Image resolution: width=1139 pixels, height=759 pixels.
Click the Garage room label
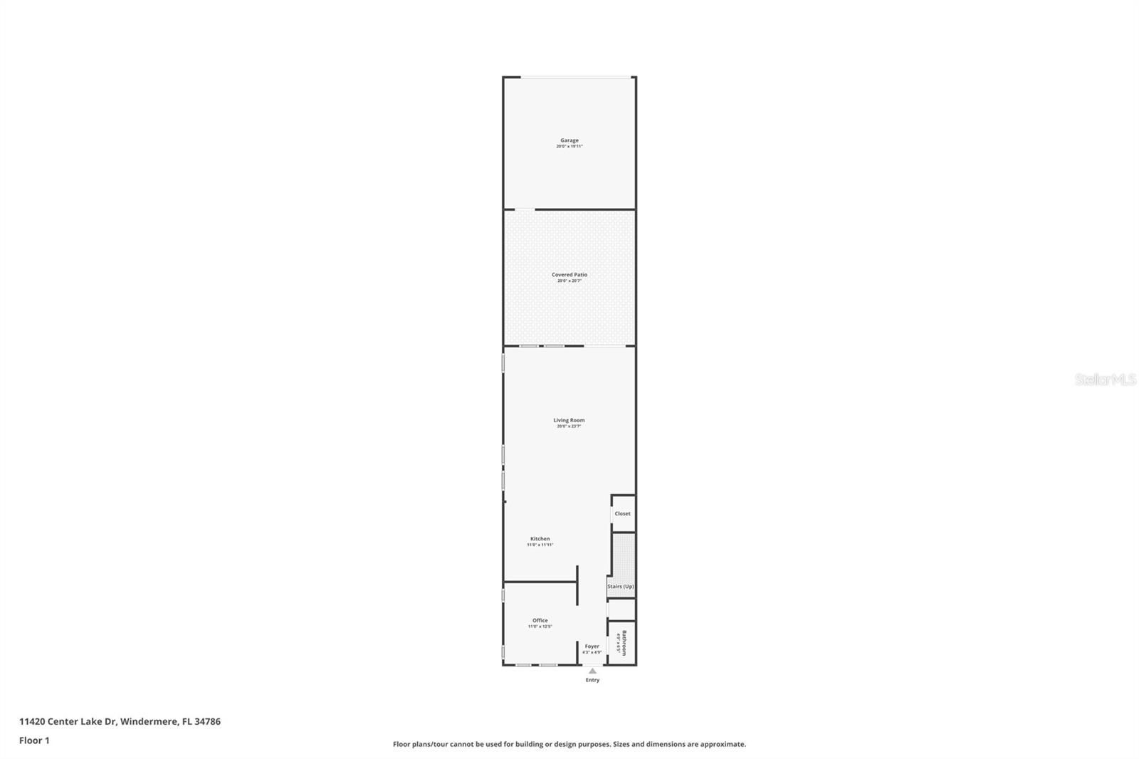point(569,140)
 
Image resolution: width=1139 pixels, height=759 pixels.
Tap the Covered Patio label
point(569,274)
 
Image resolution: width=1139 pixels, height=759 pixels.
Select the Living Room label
point(569,420)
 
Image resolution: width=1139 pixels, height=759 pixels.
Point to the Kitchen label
point(540,538)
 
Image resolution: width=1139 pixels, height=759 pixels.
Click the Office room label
point(540,620)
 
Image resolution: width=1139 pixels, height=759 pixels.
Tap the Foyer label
point(592,646)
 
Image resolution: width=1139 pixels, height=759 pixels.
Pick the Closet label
point(622,513)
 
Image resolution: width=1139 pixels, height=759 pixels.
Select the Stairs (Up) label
point(620,586)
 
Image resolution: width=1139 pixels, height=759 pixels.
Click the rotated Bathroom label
point(624,642)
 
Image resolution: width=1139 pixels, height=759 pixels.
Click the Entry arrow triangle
point(592,671)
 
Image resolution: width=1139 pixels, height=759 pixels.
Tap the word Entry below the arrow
point(592,680)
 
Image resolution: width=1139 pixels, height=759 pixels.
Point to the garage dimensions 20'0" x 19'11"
point(569,147)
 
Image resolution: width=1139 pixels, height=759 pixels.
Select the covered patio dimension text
point(569,281)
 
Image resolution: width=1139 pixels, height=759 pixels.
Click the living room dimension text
point(569,426)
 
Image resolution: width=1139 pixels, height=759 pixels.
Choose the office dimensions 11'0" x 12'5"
point(540,627)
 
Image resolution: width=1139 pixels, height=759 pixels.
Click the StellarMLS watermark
point(1105,380)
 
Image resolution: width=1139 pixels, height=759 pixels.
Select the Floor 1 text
point(34,740)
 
